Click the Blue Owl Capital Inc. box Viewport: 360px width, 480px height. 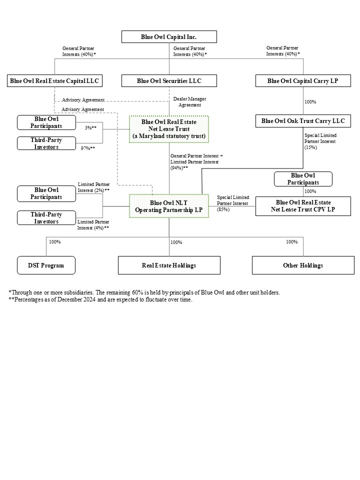point(169,37)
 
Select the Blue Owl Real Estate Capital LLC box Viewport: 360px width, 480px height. point(54,81)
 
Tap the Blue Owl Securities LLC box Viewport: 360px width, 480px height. point(169,81)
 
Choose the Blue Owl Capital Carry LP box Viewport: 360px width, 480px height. point(302,81)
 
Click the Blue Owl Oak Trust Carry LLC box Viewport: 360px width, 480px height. point(302,121)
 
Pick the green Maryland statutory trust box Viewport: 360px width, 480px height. point(169,129)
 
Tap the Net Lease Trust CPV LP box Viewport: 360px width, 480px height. point(303,206)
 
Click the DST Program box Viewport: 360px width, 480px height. point(46,265)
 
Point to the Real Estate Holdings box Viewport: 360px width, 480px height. point(169,265)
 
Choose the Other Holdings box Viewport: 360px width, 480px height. point(303,265)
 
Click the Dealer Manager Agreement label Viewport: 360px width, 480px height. point(189,102)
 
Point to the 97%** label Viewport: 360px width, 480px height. point(88,148)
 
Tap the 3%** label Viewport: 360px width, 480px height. point(90,128)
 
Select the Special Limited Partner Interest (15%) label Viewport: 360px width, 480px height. point(320,141)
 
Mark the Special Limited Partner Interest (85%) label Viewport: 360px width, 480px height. point(232,203)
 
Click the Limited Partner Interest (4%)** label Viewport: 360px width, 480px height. point(93,224)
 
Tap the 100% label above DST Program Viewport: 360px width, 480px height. point(54,242)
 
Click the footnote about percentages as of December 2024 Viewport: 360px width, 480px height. point(100,299)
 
